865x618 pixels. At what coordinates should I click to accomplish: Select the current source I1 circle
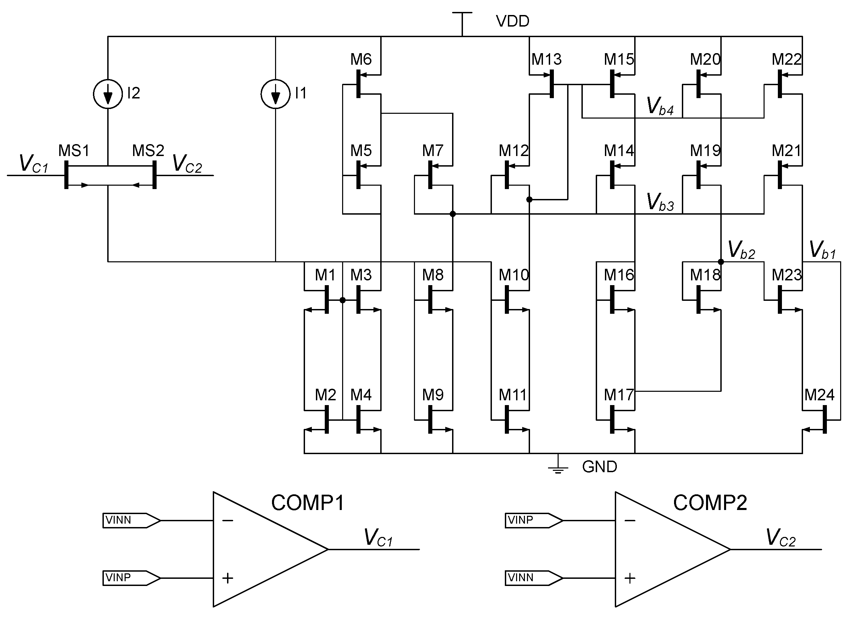point(275,94)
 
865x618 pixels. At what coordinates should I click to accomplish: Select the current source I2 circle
point(108,94)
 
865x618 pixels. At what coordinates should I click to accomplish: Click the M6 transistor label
point(361,59)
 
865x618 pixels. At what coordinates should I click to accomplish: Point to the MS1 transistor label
point(74,151)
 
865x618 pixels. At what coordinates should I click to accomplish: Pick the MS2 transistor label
point(148,151)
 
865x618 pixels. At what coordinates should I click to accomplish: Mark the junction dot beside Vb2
point(721,262)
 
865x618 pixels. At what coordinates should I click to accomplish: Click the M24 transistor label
point(819,395)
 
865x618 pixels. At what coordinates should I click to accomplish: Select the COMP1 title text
point(308,503)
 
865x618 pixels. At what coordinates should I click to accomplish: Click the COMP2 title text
point(709,503)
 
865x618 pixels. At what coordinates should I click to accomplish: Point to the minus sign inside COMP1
point(227,521)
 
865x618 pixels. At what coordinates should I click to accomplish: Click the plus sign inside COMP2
point(630,578)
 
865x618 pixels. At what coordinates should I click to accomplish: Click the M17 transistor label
point(619,395)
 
